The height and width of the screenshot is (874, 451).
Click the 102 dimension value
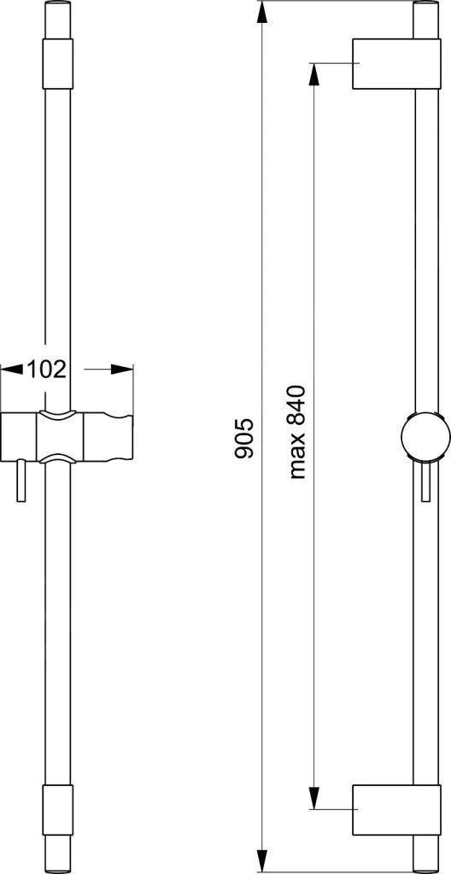coord(47,369)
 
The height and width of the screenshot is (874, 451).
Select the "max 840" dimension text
coord(297,432)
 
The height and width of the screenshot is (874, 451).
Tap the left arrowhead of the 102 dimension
coord(11,369)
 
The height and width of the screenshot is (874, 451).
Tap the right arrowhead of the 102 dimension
coord(122,369)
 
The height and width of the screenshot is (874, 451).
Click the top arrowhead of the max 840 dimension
coord(313,75)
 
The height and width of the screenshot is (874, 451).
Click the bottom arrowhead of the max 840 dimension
coord(313,798)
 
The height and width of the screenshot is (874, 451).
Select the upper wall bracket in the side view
coord(397,64)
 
